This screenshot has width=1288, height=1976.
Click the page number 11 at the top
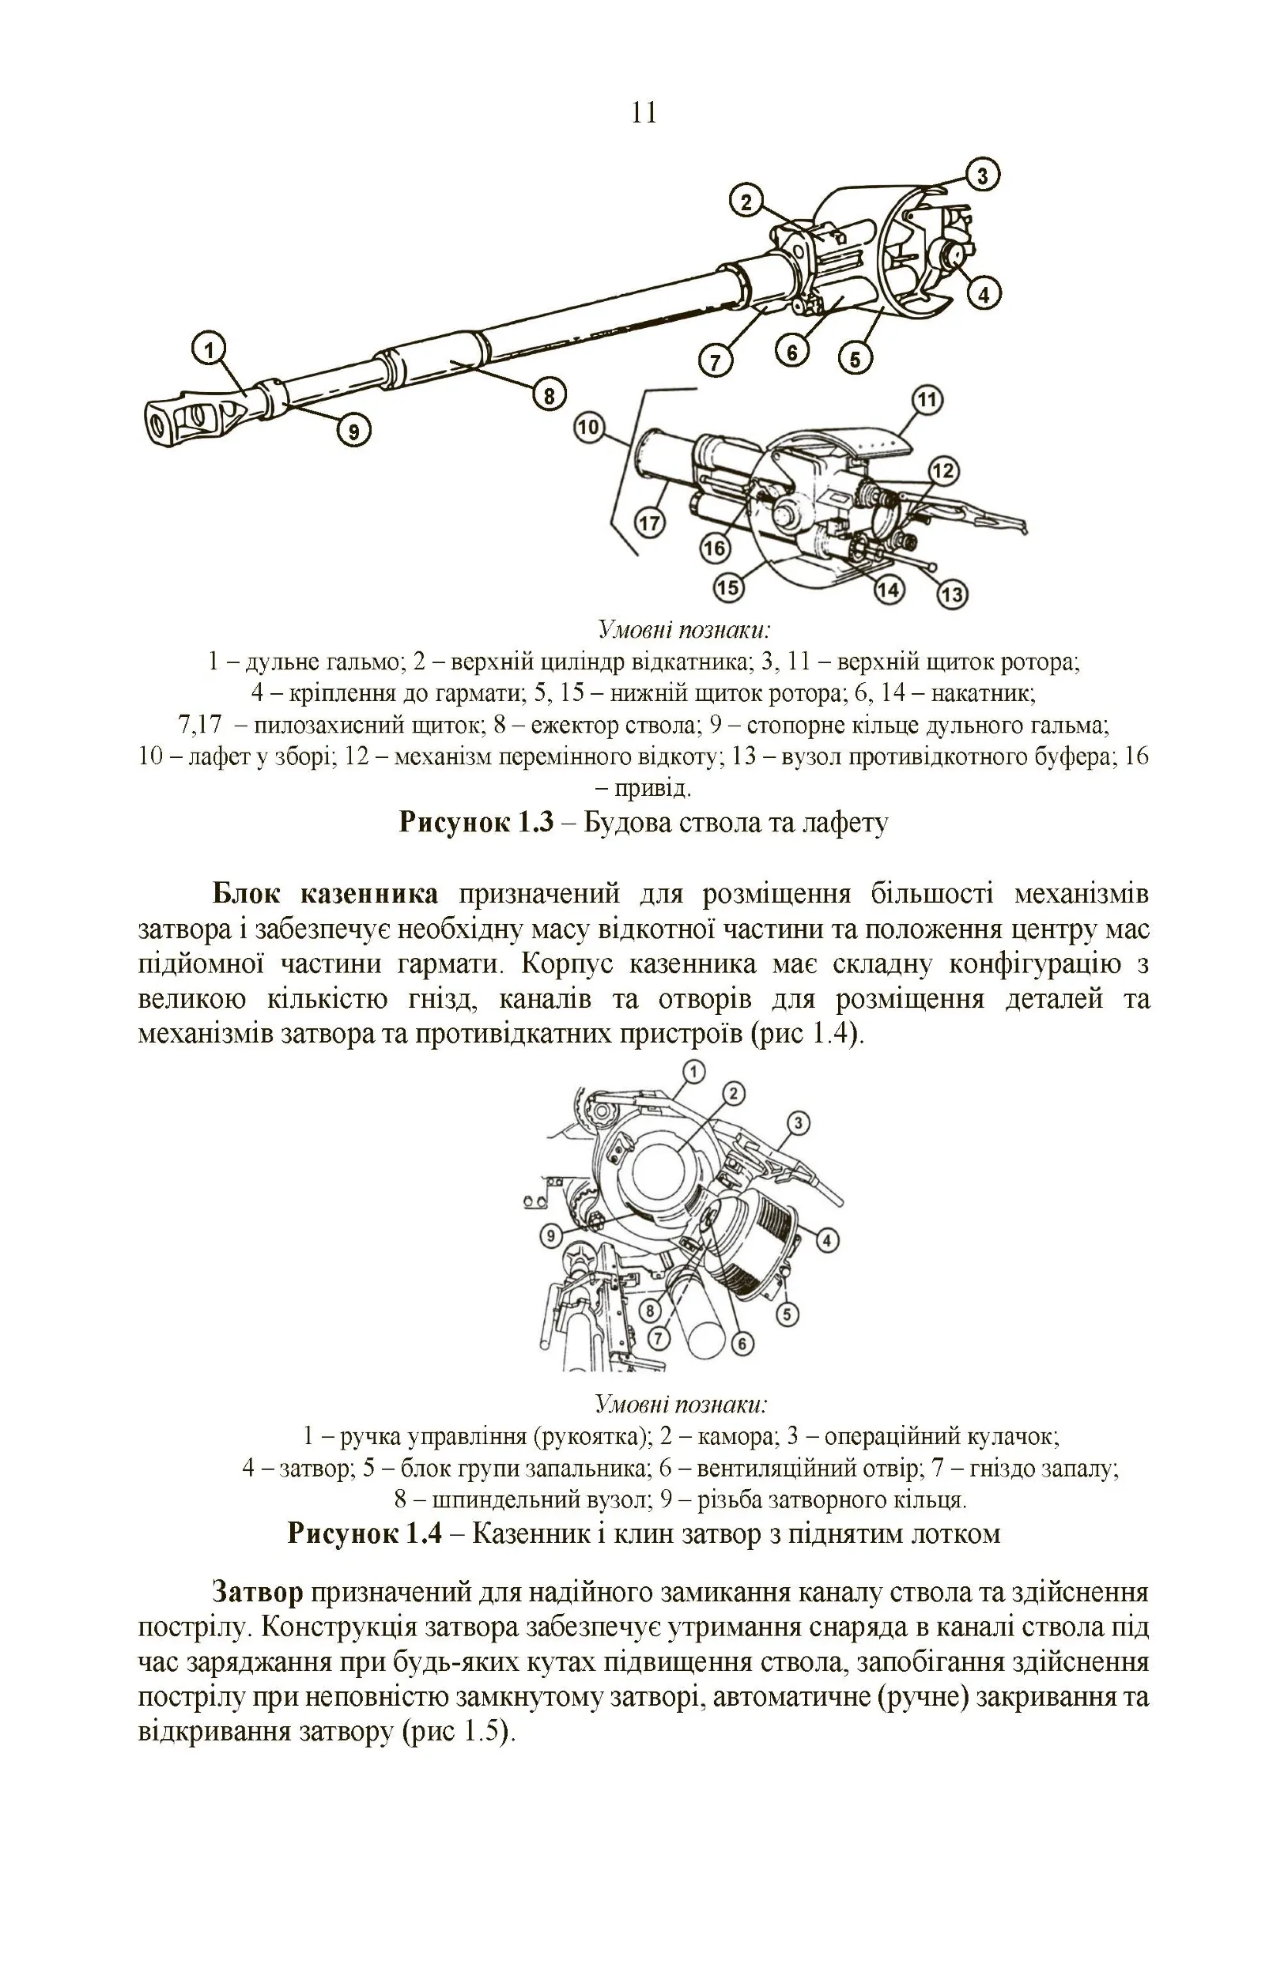tap(644, 113)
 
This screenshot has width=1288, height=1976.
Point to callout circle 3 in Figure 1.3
tap(982, 175)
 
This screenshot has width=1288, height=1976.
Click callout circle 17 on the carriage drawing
tap(648, 523)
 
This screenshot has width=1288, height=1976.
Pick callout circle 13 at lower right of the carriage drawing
tap(953, 594)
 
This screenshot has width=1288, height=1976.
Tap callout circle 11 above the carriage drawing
tap(927, 401)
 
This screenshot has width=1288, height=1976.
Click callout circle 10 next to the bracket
tap(588, 428)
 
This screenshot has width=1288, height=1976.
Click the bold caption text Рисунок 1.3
tap(476, 822)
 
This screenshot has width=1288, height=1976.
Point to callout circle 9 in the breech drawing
tap(551, 1236)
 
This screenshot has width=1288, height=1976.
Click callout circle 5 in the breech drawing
tap(788, 1314)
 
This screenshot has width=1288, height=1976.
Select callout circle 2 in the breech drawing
tap(732, 1093)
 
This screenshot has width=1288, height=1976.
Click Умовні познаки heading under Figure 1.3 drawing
tap(684, 629)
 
